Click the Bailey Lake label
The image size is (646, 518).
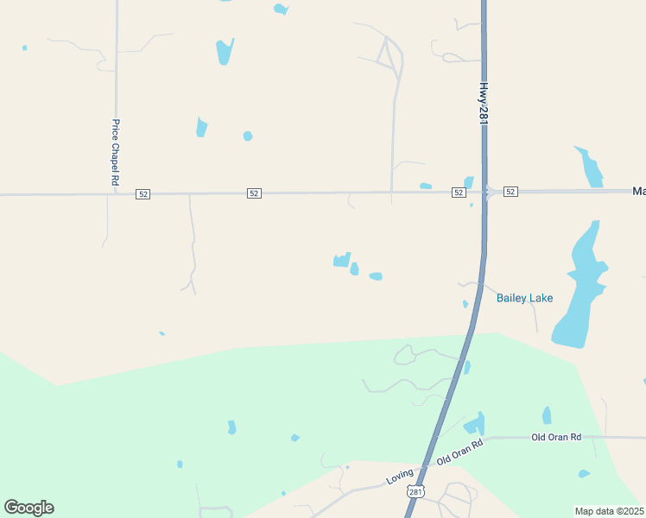524,299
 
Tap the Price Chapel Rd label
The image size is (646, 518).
114,153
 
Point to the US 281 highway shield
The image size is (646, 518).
416,491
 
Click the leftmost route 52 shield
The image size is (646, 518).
143,194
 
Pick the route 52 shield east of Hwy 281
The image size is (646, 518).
510,192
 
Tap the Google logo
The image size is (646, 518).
28,508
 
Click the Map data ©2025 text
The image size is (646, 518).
609,511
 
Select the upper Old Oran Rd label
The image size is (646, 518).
556,438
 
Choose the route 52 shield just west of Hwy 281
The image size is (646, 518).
459,192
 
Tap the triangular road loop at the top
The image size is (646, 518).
388,56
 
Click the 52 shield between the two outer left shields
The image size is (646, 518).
253,193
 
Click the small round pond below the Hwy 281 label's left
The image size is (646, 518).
248,136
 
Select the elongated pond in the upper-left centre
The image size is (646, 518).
225,51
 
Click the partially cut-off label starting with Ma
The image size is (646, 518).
639,191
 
